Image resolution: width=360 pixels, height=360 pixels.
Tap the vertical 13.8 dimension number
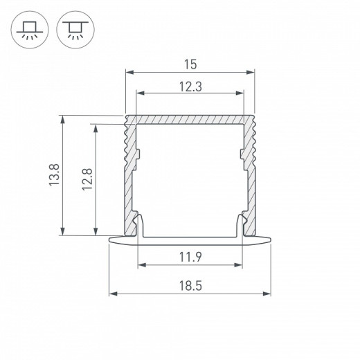tap(55, 174)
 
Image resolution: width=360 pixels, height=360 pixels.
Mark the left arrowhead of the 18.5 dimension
tap(112, 294)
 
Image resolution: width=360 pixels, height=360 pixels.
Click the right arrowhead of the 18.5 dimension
tap(267, 294)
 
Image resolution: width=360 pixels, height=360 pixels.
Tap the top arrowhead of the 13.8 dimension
tap(64, 118)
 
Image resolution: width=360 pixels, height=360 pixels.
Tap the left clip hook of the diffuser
tap(139, 226)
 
